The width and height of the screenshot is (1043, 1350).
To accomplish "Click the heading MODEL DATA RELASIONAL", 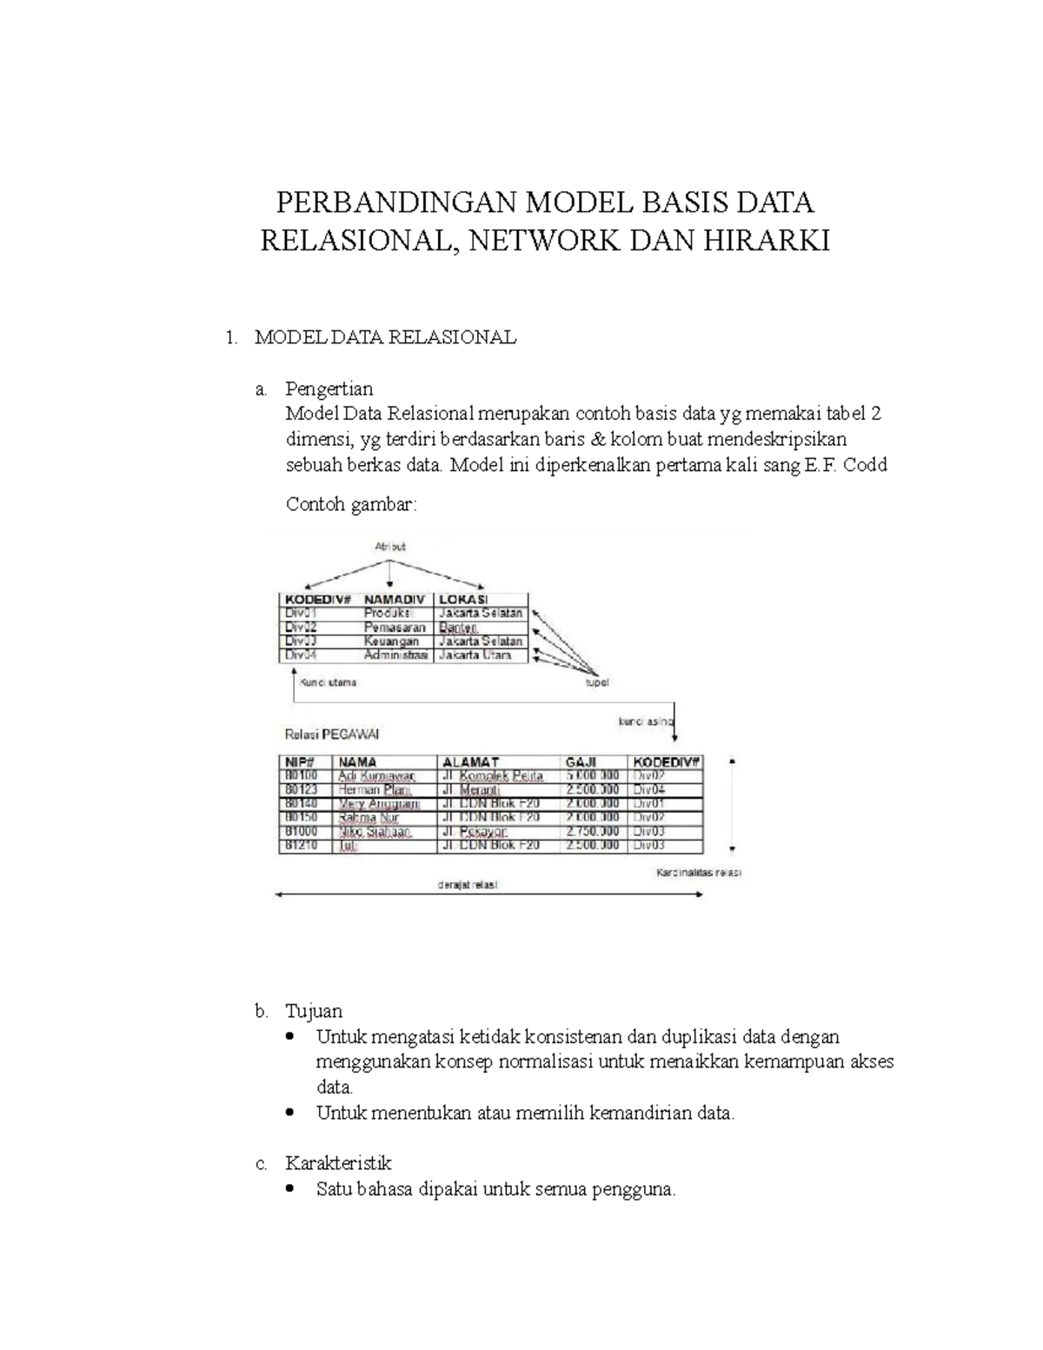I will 385,337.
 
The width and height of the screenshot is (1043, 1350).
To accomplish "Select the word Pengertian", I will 329,389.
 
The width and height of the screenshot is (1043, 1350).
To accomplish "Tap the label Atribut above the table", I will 390,547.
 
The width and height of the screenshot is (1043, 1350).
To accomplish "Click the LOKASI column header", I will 463,599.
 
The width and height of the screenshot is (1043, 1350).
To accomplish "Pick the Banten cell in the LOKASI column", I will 458,627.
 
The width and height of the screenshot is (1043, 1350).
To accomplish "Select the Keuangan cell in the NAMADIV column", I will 391,641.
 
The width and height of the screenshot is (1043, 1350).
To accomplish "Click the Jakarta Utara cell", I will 475,655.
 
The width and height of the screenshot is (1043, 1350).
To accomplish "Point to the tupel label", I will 596,682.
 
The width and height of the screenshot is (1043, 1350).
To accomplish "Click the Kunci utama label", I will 328,682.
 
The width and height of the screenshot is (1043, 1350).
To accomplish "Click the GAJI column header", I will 581,762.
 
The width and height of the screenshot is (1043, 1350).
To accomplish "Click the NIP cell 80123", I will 301,790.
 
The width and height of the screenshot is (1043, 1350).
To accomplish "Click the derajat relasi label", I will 468,885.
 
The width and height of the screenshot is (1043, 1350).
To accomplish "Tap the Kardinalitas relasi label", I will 697,872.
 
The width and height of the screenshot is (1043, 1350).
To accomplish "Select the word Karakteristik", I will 338,1163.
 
